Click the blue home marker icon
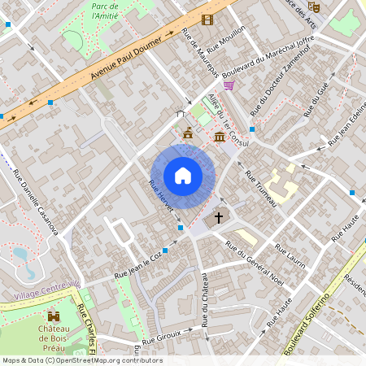(x=183, y=176)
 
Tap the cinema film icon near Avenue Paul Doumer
(x=207, y=20)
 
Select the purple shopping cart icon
(x=229, y=84)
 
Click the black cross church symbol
(x=217, y=217)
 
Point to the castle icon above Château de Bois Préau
(x=54, y=315)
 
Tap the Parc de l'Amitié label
(x=103, y=10)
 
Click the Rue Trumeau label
(x=261, y=189)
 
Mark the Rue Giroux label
(x=162, y=337)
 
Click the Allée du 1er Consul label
(x=227, y=122)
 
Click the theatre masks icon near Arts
(x=315, y=7)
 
